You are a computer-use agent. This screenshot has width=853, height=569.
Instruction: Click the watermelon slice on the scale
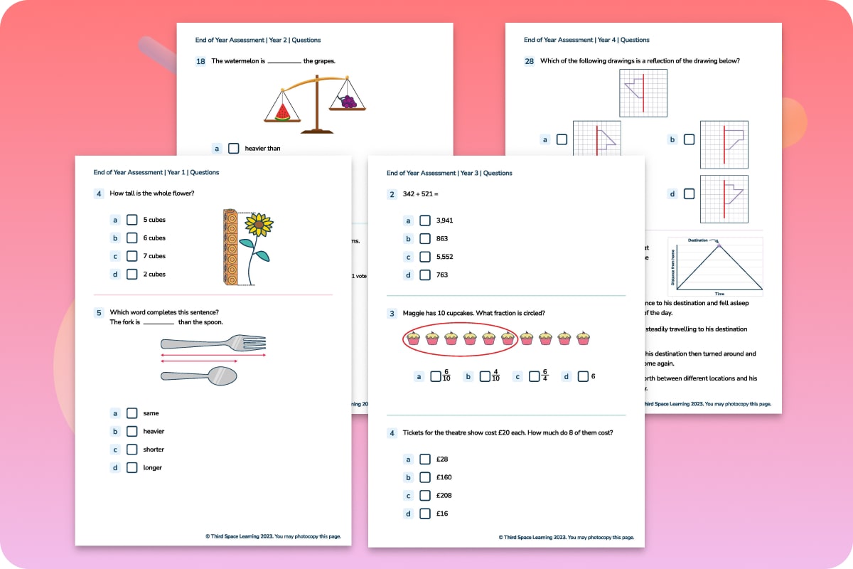[282, 112]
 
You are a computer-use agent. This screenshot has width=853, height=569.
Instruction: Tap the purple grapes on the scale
[348, 102]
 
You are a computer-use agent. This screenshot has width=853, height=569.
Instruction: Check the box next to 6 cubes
[132, 238]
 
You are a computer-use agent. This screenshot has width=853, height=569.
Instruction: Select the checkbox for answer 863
[424, 239]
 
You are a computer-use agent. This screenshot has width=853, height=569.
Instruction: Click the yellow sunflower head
[259, 225]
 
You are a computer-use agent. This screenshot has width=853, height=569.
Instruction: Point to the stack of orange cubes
[229, 247]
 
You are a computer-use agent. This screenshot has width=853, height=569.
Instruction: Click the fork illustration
[213, 343]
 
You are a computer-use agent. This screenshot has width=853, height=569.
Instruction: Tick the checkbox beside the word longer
[132, 468]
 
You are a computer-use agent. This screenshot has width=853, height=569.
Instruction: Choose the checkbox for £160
[424, 477]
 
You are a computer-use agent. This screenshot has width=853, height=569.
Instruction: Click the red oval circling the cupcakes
[458, 338]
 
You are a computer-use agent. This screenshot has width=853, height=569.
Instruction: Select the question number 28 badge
[529, 61]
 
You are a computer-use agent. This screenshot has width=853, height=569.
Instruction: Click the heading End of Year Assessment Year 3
[449, 173]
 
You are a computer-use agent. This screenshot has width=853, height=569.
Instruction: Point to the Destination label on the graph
[697, 240]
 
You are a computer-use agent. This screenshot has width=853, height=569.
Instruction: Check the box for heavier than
[234, 149]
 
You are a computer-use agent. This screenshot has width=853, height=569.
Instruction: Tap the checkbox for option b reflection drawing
[689, 139]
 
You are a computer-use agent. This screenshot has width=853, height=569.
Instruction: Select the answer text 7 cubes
[154, 256]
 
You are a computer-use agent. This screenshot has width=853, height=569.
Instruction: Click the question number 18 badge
[200, 61]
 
